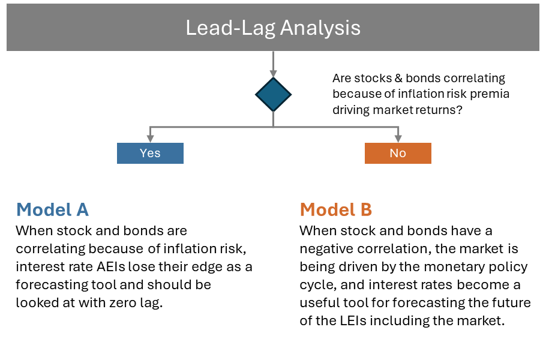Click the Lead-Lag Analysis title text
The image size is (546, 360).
coord(273,28)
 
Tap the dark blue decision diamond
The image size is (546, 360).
coord(274,94)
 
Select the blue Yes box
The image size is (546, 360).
coord(150,153)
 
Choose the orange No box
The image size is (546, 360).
coord(398,153)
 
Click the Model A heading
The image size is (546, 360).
coord(53,209)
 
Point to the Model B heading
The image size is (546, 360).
coord(336,209)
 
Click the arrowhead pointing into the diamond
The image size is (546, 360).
coord(274,73)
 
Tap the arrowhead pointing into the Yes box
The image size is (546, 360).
coord(150,139)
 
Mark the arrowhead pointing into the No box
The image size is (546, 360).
coord(398,139)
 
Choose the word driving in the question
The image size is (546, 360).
coord(350,110)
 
